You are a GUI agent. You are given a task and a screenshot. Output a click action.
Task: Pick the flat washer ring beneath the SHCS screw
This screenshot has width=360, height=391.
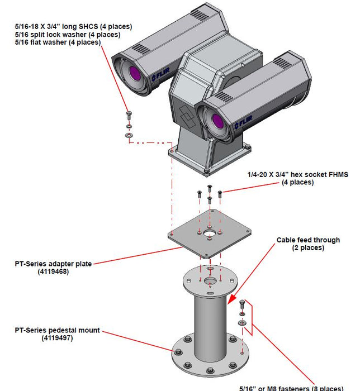(x=130, y=135)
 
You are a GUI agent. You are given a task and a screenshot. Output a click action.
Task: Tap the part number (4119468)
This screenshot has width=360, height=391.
(x=54, y=272)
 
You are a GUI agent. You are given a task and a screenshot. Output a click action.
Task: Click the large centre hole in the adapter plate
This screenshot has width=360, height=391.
(x=210, y=233)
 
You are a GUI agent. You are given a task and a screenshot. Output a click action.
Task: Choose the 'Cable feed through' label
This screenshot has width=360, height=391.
(x=308, y=240)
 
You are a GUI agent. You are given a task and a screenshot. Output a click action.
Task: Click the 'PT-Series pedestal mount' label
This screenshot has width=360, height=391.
(x=57, y=330)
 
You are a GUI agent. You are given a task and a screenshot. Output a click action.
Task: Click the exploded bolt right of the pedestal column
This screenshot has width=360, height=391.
(x=241, y=306)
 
